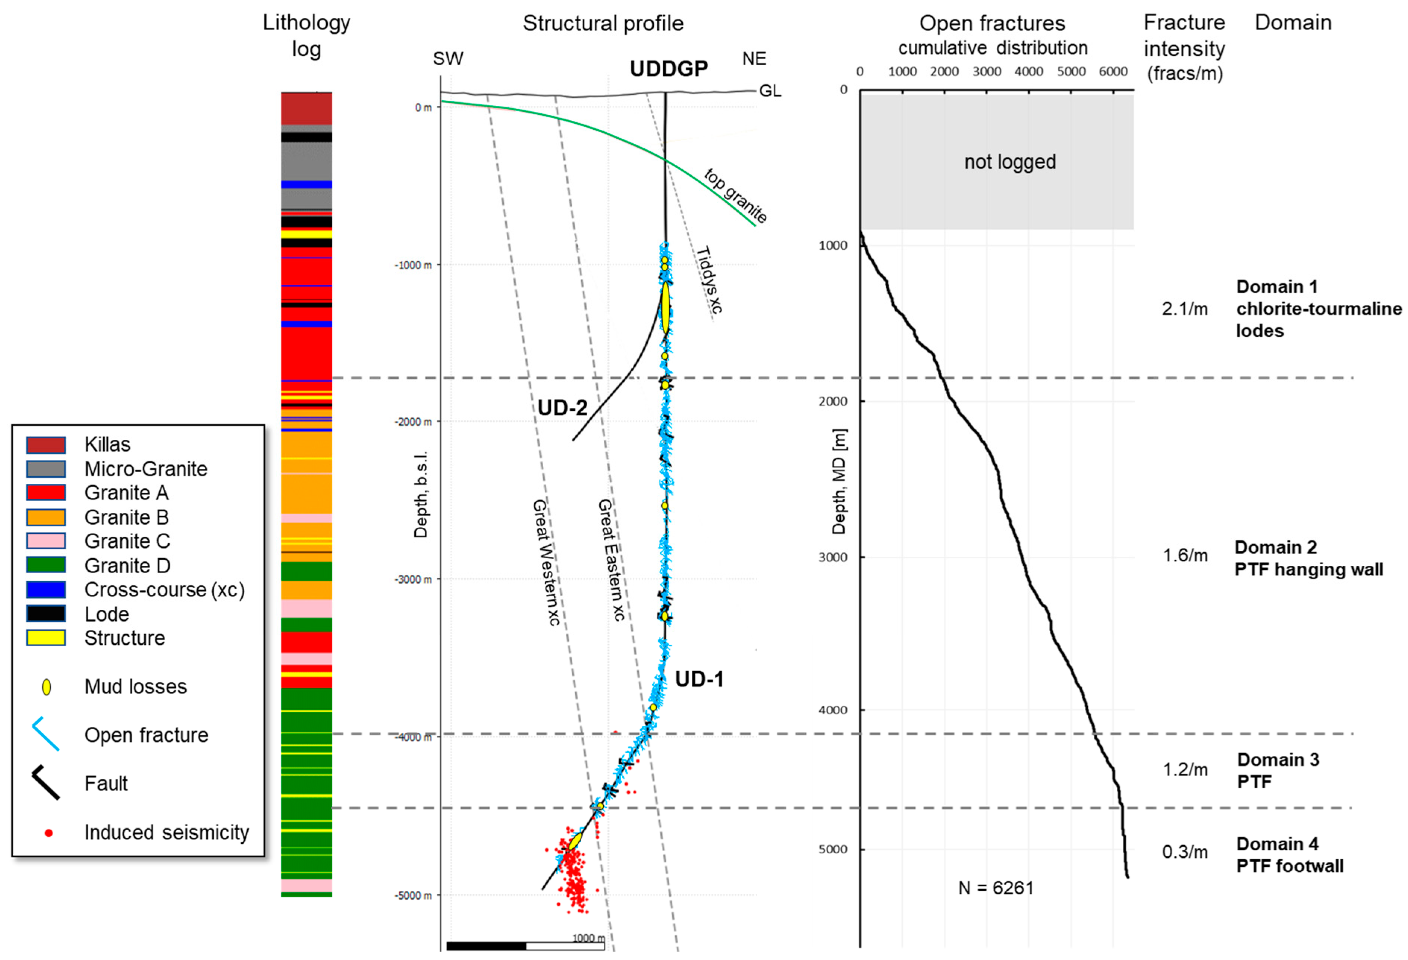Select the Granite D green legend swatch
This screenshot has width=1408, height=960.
coord(45,565)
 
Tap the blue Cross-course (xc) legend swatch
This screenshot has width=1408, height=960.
coord(45,589)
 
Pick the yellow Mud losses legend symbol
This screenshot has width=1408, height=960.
coord(46,687)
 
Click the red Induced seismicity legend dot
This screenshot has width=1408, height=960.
coord(48,833)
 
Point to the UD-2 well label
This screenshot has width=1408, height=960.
coord(562,408)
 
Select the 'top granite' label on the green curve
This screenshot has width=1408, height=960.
coord(735,196)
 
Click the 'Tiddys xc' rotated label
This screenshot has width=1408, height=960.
coord(709,280)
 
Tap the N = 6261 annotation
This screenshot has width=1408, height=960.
coord(996,888)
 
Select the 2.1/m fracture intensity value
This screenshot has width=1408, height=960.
coord(1184,309)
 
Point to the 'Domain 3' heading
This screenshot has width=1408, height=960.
coord(1278,760)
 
